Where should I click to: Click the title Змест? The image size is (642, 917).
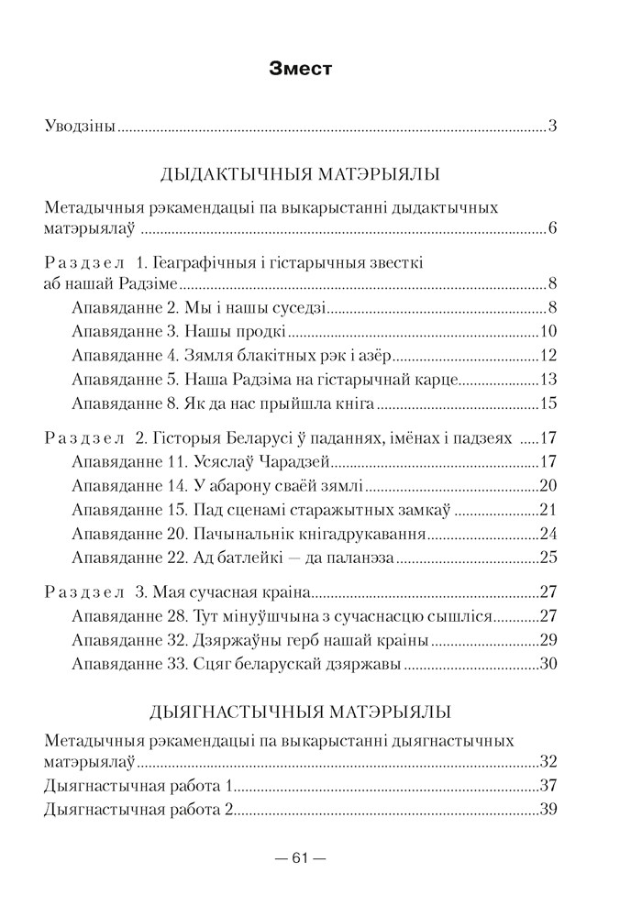[301, 68]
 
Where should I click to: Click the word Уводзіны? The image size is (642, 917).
[80, 127]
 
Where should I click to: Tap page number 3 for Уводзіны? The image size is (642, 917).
[553, 127]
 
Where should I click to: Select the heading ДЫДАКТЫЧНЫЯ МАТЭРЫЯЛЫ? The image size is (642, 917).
[300, 174]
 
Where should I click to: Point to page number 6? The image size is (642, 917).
[553, 227]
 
